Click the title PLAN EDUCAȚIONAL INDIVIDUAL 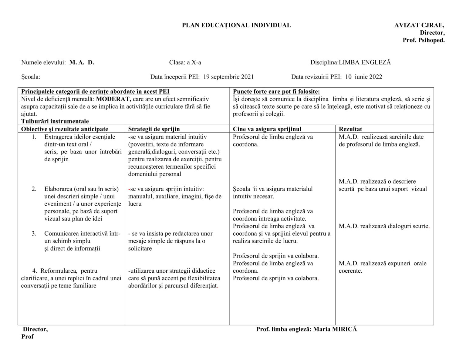[236, 25]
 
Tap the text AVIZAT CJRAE [419, 25]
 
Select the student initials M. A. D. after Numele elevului [82, 62]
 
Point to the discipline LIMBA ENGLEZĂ [365, 62]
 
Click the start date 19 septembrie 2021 [228, 77]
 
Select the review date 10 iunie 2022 [363, 77]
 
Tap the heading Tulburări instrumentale [55, 121]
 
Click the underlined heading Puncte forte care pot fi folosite [276, 92]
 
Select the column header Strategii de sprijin [154, 129]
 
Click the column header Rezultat [350, 129]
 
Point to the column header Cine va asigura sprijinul [267, 129]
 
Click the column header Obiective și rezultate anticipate [64, 129]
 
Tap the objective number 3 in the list [34, 234]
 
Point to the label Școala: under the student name [30, 77]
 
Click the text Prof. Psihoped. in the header [424, 40]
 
